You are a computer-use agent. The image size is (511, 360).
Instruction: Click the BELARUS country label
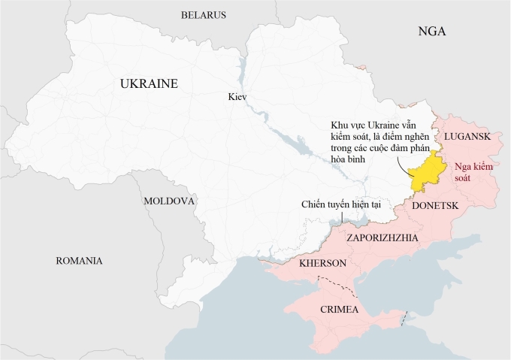tap(203, 15)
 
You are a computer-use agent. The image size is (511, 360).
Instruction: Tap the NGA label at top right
tap(432, 32)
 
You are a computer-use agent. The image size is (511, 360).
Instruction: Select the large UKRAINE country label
tap(149, 84)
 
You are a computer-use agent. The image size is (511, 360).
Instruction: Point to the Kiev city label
tap(237, 97)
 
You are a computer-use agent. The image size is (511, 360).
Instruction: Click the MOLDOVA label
tap(169, 201)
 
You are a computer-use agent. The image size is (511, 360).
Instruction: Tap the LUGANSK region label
tap(467, 136)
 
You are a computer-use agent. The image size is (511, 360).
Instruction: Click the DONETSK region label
tap(436, 204)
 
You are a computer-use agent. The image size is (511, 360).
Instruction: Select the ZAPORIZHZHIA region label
tap(382, 238)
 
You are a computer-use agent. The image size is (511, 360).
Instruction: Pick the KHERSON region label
tap(322, 264)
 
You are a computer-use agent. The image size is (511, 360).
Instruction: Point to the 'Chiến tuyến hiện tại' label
tap(343, 204)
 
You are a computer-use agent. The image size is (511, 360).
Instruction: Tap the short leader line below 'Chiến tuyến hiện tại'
tap(343, 217)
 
